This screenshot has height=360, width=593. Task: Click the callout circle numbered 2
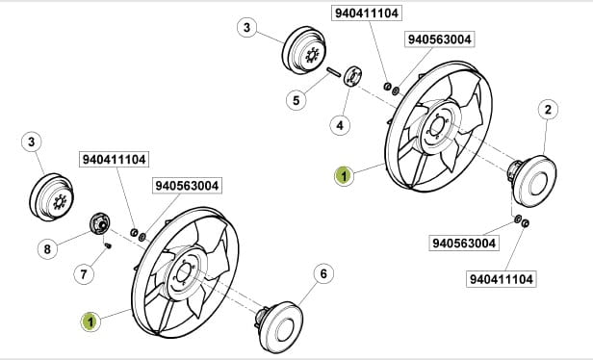click(548, 110)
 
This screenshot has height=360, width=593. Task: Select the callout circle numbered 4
click(340, 125)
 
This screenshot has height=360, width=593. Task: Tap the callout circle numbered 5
click(296, 100)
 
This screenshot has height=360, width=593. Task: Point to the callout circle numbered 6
click(323, 273)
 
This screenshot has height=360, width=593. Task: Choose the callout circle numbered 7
click(84, 273)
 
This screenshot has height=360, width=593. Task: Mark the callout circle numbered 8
click(47, 249)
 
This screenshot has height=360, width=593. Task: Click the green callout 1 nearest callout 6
click(90, 322)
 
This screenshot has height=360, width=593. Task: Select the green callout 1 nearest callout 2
click(345, 176)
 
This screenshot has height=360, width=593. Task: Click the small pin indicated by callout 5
click(334, 72)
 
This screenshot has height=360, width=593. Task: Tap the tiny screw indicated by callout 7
click(108, 245)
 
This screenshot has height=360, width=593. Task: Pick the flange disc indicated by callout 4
click(352, 76)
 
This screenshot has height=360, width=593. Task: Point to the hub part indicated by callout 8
click(100, 223)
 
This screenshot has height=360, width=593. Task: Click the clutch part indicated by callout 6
click(279, 326)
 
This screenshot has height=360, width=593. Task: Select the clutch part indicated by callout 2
click(531, 181)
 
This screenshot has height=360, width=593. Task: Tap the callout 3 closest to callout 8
click(32, 142)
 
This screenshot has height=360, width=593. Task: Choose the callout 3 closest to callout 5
click(247, 28)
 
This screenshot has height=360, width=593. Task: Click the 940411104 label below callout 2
click(502, 279)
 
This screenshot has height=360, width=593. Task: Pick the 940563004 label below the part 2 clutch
click(464, 244)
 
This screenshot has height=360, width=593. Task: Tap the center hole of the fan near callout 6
click(184, 270)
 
